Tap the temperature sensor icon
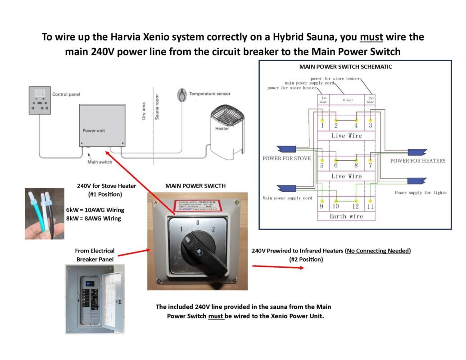pyautogui.click(x=181, y=95)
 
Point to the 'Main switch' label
pyautogui.click(x=100, y=162)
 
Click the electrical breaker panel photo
pyautogui.click(x=94, y=299)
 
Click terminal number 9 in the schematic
pyautogui.click(x=321, y=207)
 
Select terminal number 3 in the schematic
pyautogui.click(x=371, y=126)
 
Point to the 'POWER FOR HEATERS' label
pyautogui.click(x=417, y=161)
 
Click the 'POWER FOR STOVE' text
pyautogui.click(x=286, y=158)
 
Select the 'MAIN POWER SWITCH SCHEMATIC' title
pyautogui.click(x=345, y=67)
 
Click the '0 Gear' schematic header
pyautogui.click(x=346, y=100)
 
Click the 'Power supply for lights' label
pyautogui.click(x=421, y=193)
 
